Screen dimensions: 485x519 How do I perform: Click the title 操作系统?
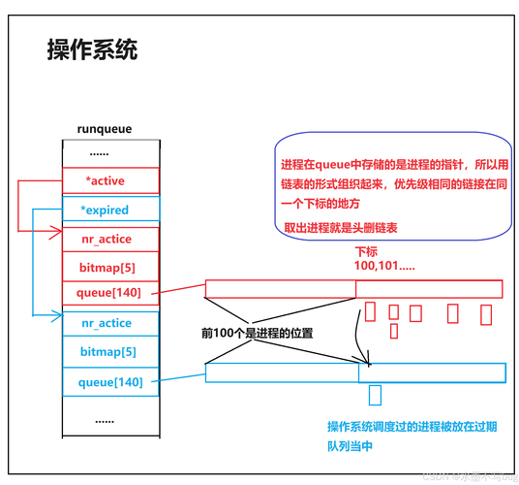(x=92, y=50)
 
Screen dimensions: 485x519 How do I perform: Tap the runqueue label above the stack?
(x=104, y=128)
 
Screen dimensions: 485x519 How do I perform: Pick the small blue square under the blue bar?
(x=375, y=394)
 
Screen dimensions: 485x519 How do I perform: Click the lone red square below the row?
(x=393, y=331)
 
